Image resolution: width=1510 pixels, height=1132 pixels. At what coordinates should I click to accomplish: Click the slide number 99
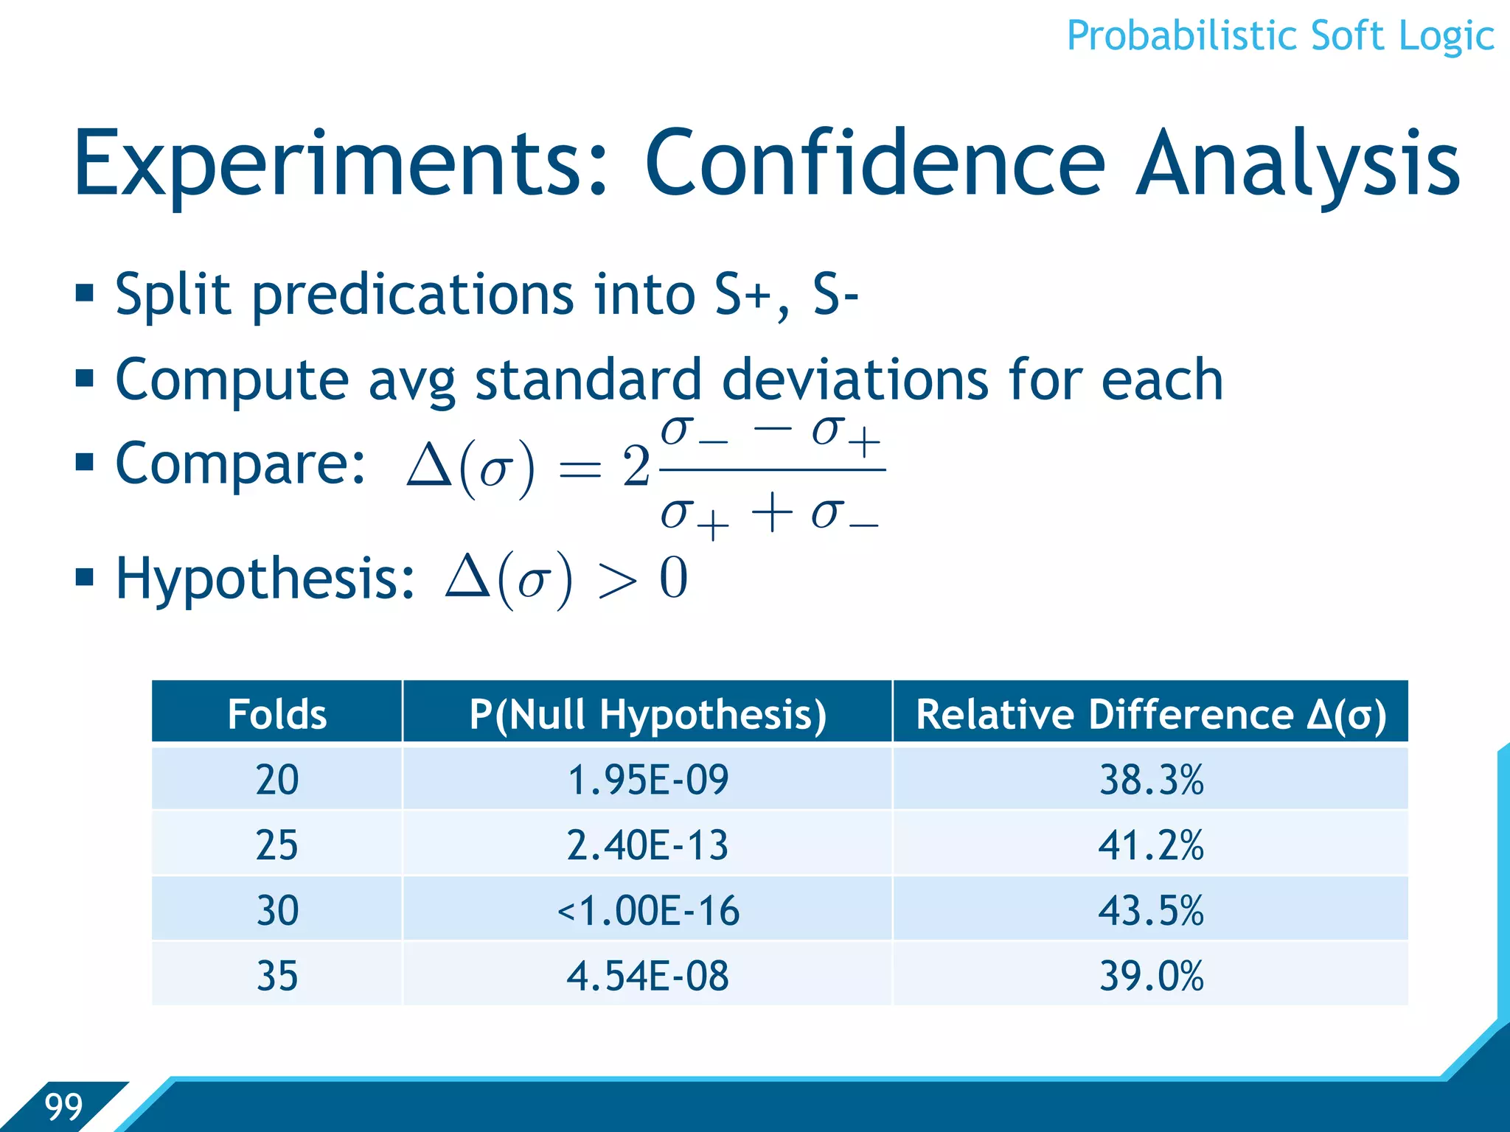pyautogui.click(x=63, y=1106)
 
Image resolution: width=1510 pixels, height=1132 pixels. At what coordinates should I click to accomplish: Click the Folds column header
pyautogui.click(x=277, y=713)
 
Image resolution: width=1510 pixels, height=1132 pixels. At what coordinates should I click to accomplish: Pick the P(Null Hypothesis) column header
pyautogui.click(x=647, y=713)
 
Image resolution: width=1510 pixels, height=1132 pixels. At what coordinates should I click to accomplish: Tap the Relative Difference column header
pyautogui.click(x=1150, y=713)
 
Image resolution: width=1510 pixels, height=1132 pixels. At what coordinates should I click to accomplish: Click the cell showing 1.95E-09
pyautogui.click(x=647, y=779)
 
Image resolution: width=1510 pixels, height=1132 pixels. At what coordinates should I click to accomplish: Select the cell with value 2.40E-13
pyautogui.click(x=647, y=845)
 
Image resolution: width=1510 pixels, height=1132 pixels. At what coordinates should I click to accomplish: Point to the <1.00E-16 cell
pyautogui.click(x=647, y=910)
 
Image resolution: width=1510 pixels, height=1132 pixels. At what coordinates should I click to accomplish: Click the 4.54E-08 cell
pyautogui.click(x=647, y=975)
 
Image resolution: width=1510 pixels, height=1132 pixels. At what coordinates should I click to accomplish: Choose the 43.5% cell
pyautogui.click(x=1150, y=910)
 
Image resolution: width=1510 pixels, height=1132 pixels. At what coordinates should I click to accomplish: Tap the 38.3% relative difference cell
pyautogui.click(x=1150, y=779)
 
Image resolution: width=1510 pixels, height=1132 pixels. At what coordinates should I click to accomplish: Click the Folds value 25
pyautogui.click(x=277, y=845)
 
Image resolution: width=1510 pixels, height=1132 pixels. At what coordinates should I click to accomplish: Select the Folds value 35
pyautogui.click(x=277, y=975)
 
